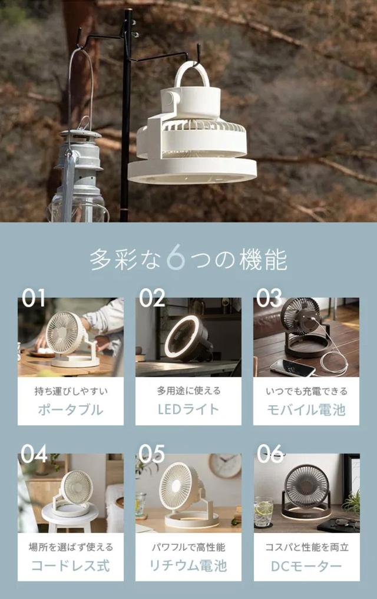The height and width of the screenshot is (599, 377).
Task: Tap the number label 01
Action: click(34, 297)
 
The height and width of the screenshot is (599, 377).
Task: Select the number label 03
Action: click(269, 297)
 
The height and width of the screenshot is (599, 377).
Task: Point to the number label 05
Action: click(151, 454)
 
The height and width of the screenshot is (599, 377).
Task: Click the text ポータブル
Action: click(71, 410)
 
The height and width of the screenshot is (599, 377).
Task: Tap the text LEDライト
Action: click(188, 409)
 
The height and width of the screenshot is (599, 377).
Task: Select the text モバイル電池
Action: click(306, 410)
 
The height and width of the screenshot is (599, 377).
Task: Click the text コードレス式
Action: click(71, 566)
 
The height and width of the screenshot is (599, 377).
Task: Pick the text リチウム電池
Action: click(188, 566)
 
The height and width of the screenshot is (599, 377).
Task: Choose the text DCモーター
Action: click(306, 566)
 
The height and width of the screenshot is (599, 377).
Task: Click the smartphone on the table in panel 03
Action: click(293, 368)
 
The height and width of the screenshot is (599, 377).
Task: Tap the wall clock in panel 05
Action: click(225, 465)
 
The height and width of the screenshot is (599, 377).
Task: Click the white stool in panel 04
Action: click(70, 517)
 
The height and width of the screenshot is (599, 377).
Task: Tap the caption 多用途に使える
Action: click(188, 391)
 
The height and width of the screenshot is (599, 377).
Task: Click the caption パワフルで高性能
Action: click(188, 547)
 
